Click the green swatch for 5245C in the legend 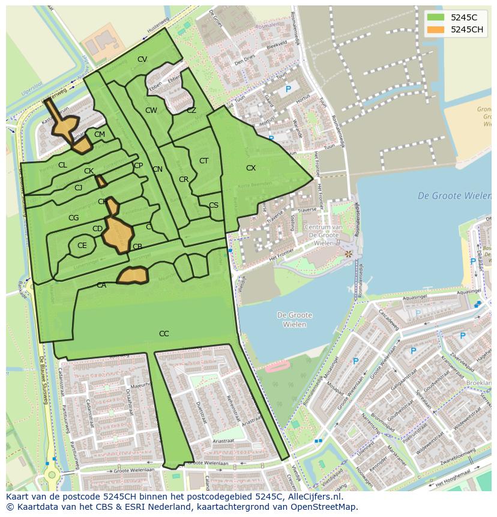click(436, 17)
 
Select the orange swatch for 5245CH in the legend click(436, 29)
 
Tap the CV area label click(142, 59)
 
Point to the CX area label click(251, 168)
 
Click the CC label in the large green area click(164, 334)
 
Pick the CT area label click(203, 161)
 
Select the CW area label click(151, 110)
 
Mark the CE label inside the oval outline click(82, 246)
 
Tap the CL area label click(62, 165)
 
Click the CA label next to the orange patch click(101, 285)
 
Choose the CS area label click(214, 205)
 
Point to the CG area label click(74, 218)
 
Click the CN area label click(157, 169)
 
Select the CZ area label click(191, 110)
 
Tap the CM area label click(100, 135)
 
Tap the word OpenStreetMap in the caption click(327, 507)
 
